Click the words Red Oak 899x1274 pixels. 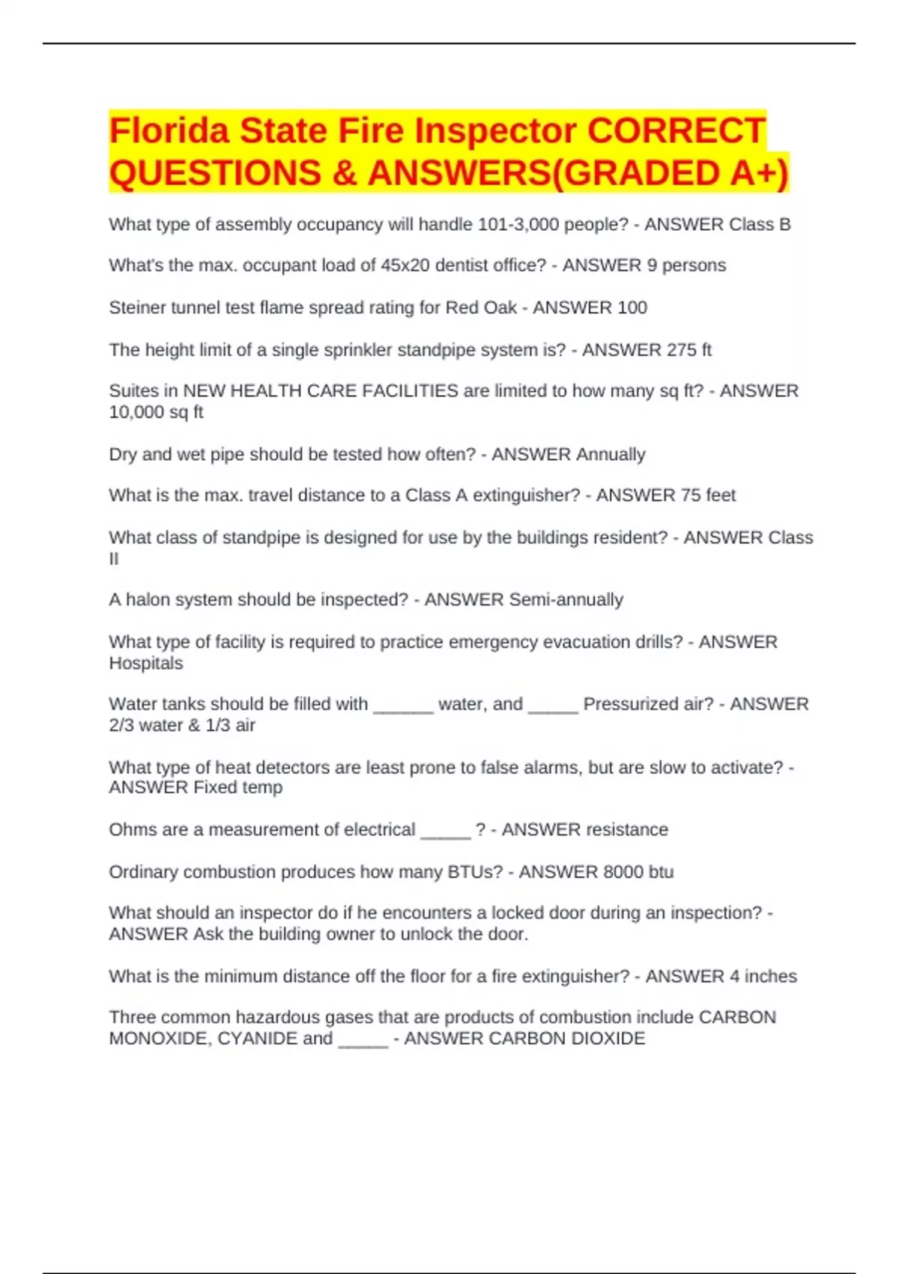click(481, 307)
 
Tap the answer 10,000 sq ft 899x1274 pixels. click(156, 412)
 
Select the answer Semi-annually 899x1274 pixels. click(566, 600)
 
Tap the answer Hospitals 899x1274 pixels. click(146, 663)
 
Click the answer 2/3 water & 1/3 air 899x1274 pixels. click(182, 725)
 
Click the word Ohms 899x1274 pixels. click(131, 830)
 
